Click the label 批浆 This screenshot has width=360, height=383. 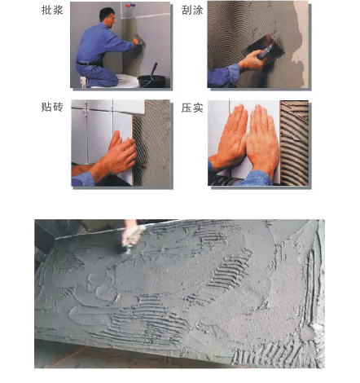click(52, 10)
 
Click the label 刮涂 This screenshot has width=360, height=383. click(192, 10)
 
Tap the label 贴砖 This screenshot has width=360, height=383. click(52, 107)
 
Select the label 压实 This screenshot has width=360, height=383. click(192, 108)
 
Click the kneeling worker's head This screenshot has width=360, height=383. click(108, 17)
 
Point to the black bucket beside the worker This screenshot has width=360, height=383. click(151, 81)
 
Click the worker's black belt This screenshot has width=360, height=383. click(88, 64)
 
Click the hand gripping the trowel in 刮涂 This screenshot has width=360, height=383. click(252, 59)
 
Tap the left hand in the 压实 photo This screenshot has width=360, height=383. click(230, 139)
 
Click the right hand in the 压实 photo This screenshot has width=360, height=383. click(262, 140)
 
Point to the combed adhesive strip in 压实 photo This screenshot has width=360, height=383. click(294, 143)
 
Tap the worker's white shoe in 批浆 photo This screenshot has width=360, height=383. click(83, 81)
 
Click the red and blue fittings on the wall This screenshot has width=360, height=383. click(130, 5)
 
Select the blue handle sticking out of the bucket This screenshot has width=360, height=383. click(153, 70)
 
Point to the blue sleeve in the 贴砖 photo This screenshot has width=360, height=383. click(83, 178)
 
